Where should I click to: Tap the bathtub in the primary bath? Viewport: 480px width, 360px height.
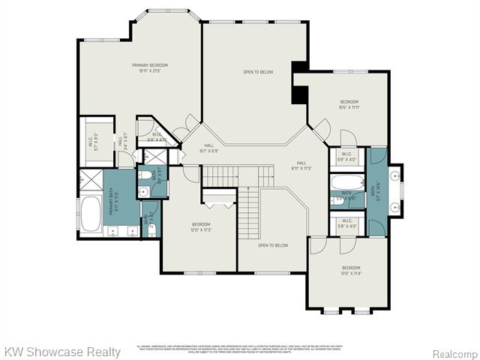92,213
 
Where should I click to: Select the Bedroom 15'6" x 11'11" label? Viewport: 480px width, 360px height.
349,104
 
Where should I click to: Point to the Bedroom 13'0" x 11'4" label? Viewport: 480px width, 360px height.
352,271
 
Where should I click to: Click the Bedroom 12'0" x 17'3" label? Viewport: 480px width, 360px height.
201,227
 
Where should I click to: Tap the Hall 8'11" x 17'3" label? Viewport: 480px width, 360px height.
301,166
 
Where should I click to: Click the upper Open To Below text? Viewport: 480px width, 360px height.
257,72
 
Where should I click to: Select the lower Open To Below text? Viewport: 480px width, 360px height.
273,245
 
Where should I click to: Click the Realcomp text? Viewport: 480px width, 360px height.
455,352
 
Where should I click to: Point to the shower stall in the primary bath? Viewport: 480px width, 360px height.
90,180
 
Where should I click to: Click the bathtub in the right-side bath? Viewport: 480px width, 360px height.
346,182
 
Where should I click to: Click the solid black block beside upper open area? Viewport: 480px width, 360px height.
300,95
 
